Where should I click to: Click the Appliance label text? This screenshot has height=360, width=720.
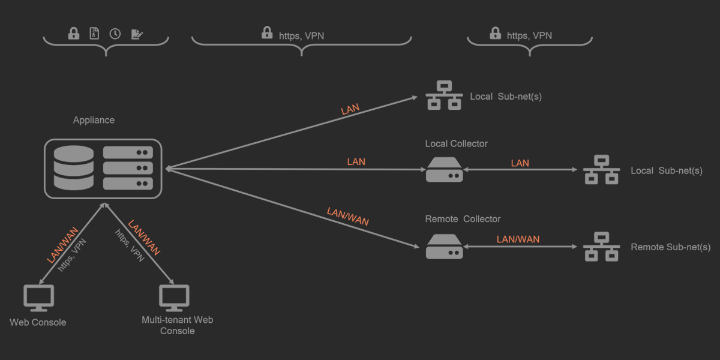pyautogui.click(x=94, y=120)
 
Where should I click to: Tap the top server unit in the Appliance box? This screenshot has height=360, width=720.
pyautogui.click(x=128, y=152)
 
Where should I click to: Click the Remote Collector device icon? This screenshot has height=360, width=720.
pyautogui.click(x=444, y=247)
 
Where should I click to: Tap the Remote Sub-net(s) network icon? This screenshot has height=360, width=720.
pyautogui.click(x=601, y=247)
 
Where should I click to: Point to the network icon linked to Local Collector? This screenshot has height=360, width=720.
pyautogui.click(x=601, y=170)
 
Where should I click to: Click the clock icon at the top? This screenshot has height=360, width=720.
pyautogui.click(x=115, y=34)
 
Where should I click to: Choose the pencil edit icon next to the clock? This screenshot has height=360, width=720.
pyautogui.click(x=137, y=34)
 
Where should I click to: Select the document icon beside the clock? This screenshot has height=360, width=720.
pyautogui.click(x=94, y=34)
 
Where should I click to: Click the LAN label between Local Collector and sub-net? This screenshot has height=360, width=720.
pyautogui.click(x=520, y=163)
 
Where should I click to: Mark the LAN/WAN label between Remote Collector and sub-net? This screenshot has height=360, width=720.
pyautogui.click(x=518, y=239)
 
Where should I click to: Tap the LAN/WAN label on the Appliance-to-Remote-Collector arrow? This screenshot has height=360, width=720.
pyautogui.click(x=347, y=216)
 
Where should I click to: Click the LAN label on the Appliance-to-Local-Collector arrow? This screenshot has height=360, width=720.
pyautogui.click(x=356, y=161)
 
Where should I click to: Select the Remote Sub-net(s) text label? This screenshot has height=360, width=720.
pyautogui.click(x=670, y=247)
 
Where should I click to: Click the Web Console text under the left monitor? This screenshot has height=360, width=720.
pyautogui.click(x=38, y=322)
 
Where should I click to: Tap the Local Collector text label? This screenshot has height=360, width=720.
pyautogui.click(x=456, y=143)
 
